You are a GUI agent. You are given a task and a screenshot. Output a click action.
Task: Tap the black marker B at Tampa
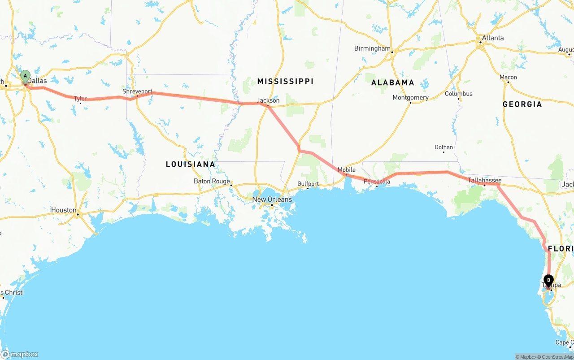(x=548, y=280)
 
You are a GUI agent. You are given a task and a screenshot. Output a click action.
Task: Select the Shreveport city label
(x=137, y=91)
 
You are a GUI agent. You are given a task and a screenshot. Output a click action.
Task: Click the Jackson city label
(x=268, y=100)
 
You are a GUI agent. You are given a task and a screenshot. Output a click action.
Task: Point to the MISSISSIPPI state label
(x=285, y=81)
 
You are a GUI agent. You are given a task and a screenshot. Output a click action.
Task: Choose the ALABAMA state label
(x=393, y=82)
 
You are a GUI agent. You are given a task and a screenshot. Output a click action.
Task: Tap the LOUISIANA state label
(x=191, y=164)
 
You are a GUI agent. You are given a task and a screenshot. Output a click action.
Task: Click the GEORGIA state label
(x=522, y=104)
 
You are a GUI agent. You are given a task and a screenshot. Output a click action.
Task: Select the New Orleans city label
(x=272, y=200)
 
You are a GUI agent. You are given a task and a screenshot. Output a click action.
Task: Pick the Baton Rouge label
(x=212, y=181)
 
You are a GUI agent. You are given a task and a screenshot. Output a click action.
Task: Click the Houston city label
(x=64, y=210)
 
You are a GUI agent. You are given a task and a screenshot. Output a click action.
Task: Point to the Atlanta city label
(x=493, y=38)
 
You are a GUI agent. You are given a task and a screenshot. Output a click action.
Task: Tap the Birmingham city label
(x=372, y=48)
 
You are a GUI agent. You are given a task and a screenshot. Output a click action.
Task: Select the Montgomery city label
(x=410, y=97)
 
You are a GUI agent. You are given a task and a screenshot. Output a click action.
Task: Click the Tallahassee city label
(x=484, y=180)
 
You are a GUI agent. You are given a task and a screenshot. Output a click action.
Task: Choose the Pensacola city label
(x=377, y=182)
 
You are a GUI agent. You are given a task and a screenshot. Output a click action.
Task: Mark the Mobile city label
(x=346, y=169)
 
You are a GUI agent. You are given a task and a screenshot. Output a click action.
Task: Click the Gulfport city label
(x=308, y=184)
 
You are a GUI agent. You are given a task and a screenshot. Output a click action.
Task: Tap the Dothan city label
(x=444, y=147)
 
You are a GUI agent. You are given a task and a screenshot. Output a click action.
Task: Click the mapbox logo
(x=20, y=354)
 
